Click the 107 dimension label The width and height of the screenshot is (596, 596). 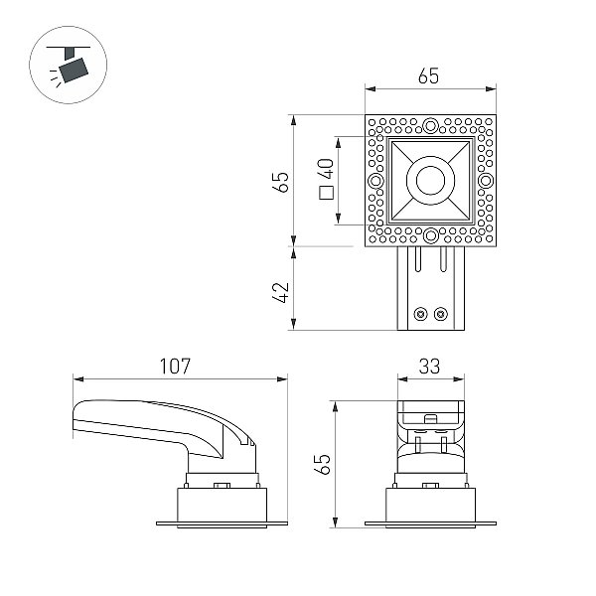pos(175,366)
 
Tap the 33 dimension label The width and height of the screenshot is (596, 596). pos(429,366)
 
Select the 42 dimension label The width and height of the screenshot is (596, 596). pos(281,292)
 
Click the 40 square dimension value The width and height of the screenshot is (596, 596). pos(326,169)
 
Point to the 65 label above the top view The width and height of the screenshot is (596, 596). pos(428,76)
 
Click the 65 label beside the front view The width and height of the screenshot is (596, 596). pos(322,464)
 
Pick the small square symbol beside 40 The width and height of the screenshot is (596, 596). pos(326,193)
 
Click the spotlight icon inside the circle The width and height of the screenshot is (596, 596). pos(69,65)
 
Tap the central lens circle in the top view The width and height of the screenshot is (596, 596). pos(430,180)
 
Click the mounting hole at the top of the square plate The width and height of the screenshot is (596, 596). pos(430,125)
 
